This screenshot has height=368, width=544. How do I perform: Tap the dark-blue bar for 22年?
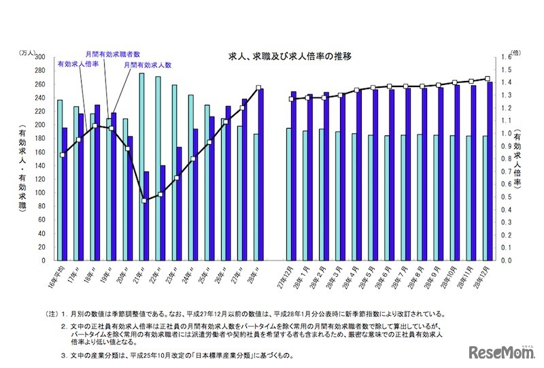click(x=163, y=212)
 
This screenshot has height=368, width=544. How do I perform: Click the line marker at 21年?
click(x=144, y=200)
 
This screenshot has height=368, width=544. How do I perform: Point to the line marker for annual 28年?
click(x=258, y=88)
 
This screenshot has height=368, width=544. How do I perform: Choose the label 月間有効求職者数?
click(x=113, y=53)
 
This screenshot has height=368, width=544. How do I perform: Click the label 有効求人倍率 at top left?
click(x=78, y=63)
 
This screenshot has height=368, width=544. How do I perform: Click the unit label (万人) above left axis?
click(x=29, y=50)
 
